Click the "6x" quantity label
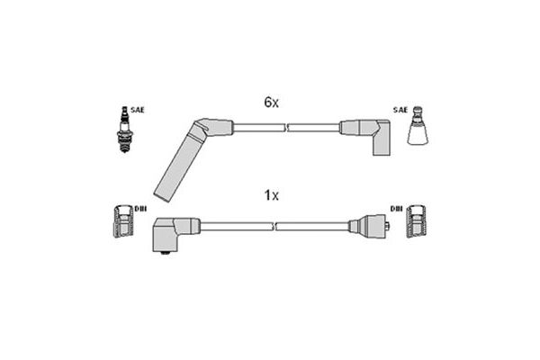coord(272,103)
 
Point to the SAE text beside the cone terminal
coord(400,110)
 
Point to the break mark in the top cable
coord(286,129)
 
